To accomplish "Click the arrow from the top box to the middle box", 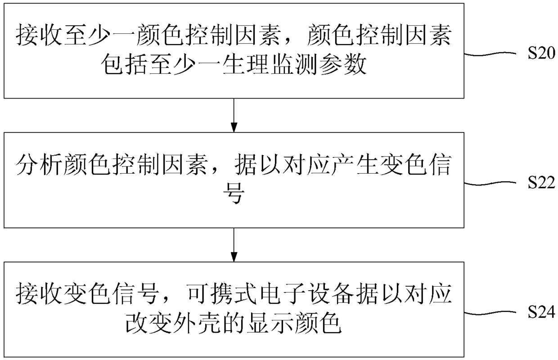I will [234, 114].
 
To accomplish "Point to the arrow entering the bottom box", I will [234, 243].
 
